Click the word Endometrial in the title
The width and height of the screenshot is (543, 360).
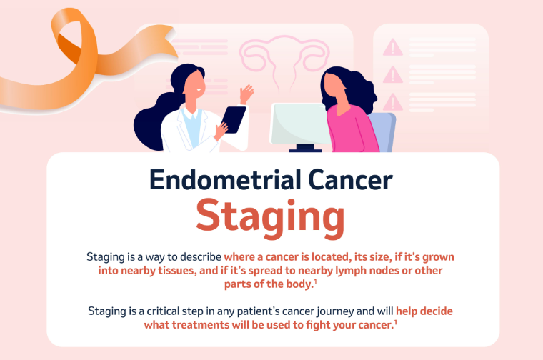pos(225,180)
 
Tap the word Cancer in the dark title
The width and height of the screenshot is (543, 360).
pos(350,180)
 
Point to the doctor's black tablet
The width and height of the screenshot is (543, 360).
pos(234,119)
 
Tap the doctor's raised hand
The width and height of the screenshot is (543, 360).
pos(246,93)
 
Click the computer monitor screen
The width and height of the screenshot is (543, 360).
pos(299,124)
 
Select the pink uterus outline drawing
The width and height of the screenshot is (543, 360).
pos(284,59)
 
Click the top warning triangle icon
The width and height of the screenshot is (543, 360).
pos(393,48)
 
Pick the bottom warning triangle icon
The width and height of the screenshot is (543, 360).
pos(393,103)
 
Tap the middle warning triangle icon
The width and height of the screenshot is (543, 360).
pos(393,75)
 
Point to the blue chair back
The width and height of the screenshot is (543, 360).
pos(383,132)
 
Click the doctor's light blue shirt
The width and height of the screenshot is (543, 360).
pos(192,128)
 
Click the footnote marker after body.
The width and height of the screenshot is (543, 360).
pos(316,281)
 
